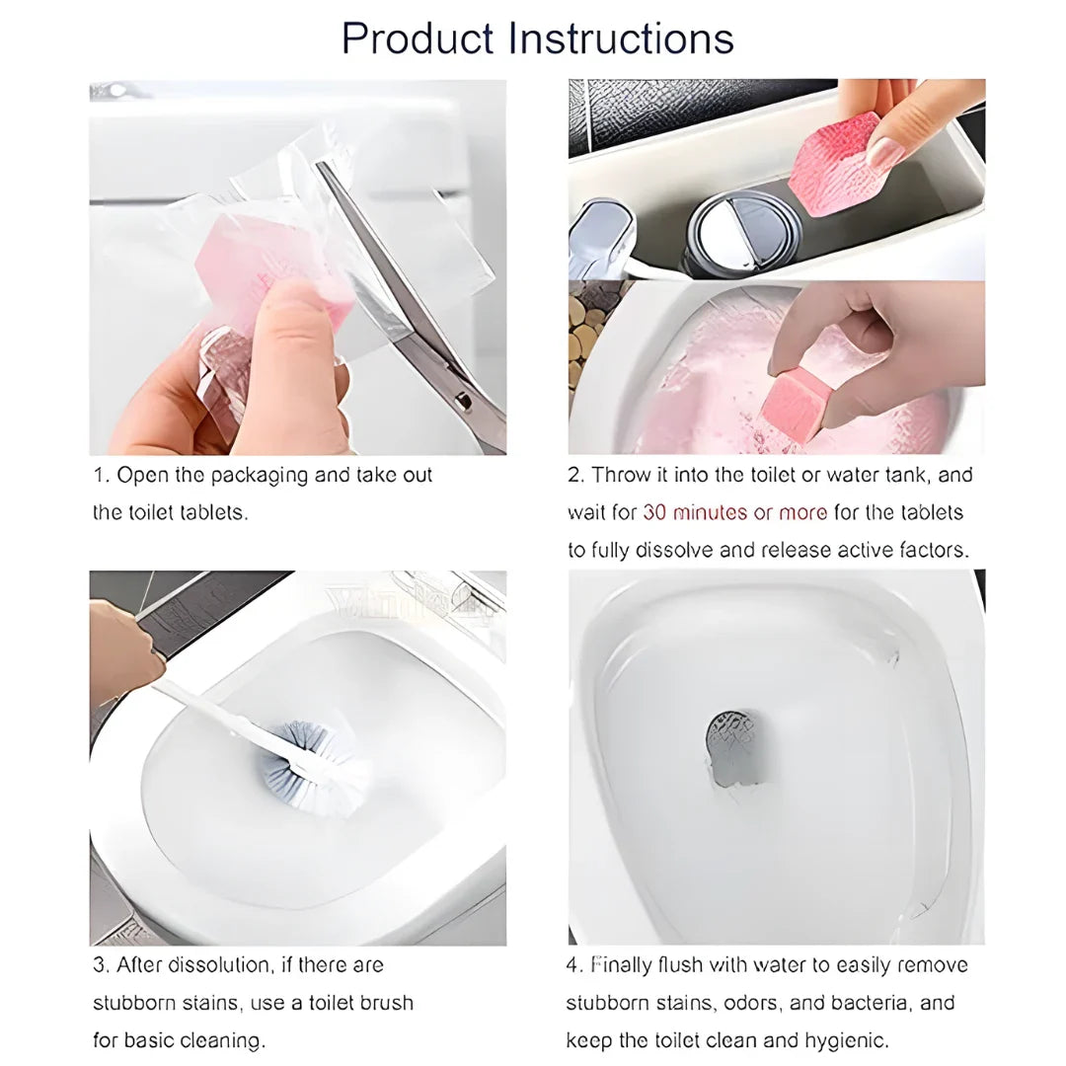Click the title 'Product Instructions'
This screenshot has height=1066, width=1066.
click(537, 38)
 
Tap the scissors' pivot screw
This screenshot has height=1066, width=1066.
click(463, 401)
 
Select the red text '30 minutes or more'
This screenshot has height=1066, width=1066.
click(735, 512)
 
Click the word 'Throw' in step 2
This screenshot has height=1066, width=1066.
click(620, 475)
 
